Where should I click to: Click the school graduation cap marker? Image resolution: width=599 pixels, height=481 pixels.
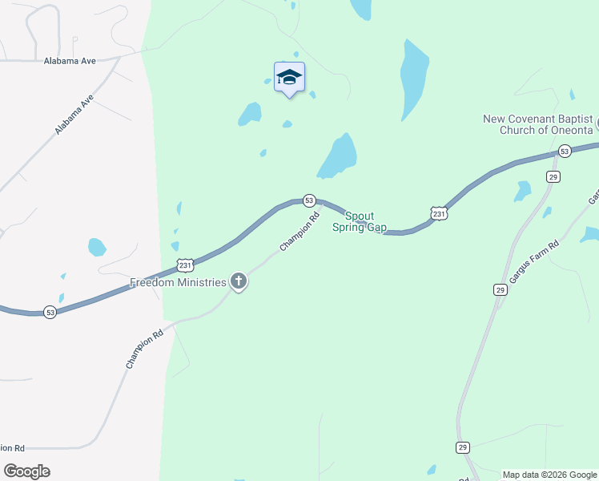(289, 78)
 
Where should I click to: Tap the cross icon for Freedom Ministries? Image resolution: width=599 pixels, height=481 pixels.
(238, 281)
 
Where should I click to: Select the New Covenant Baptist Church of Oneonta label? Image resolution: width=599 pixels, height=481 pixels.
(537, 124)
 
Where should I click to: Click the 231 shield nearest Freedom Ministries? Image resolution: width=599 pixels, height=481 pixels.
(185, 265)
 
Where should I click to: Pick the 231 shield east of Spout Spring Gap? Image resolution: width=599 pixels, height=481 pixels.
(438, 213)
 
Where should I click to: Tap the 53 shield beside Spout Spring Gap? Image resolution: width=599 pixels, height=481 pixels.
(309, 200)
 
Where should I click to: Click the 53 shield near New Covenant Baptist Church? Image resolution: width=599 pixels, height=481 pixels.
(565, 151)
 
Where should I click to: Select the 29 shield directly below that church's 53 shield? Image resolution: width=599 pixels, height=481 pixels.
(553, 176)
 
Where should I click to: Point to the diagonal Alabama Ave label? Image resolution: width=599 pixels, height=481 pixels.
(74, 115)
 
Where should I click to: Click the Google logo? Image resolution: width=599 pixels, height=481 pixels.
(27, 471)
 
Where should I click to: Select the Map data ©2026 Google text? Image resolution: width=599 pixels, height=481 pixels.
(549, 475)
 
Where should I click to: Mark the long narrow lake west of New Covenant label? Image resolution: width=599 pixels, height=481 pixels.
(414, 79)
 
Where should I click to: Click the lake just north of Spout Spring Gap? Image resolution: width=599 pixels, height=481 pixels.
(339, 156)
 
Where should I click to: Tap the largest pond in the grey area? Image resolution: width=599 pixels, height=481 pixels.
(97, 247)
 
